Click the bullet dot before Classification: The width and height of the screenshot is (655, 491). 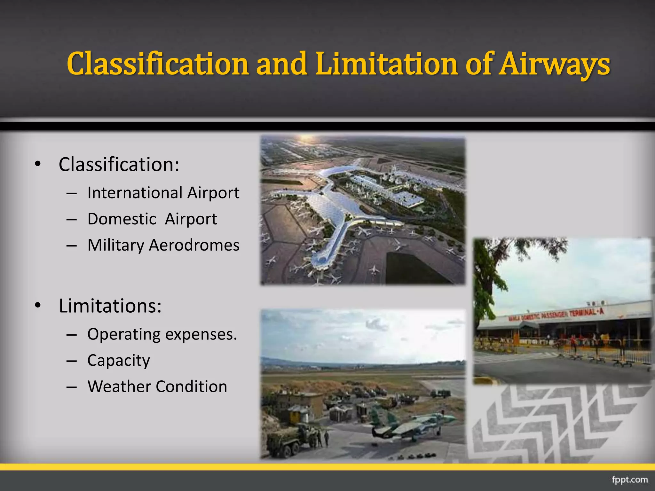pos(38,164)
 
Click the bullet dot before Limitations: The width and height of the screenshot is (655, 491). pos(38,306)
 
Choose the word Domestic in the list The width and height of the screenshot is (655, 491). pos(122,219)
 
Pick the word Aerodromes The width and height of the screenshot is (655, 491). pos(194,245)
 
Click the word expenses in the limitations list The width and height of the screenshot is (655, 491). pos(201,334)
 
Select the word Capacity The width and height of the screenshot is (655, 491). pos(119,361)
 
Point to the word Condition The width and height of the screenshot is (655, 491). pos(192,386)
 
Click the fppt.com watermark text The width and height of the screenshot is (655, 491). pos(629,480)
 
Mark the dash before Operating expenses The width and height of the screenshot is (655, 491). pos(72,335)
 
